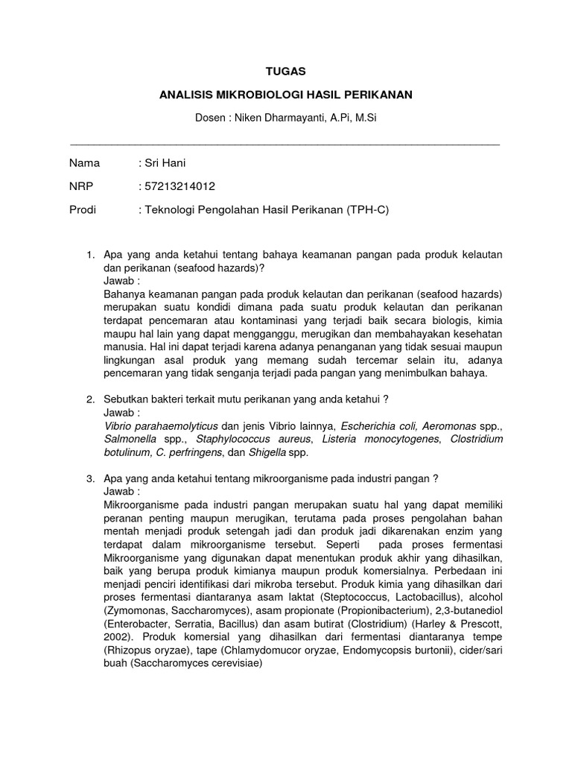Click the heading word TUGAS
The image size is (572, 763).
286,71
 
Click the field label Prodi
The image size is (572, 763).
83,210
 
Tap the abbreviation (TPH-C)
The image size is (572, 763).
367,210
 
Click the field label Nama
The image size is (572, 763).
84,162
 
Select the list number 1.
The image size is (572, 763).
90,255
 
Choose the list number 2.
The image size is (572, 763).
90,399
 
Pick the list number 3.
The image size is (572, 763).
90,478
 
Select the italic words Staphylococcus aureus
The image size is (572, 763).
222,439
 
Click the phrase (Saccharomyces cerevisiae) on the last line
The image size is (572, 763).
197,665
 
